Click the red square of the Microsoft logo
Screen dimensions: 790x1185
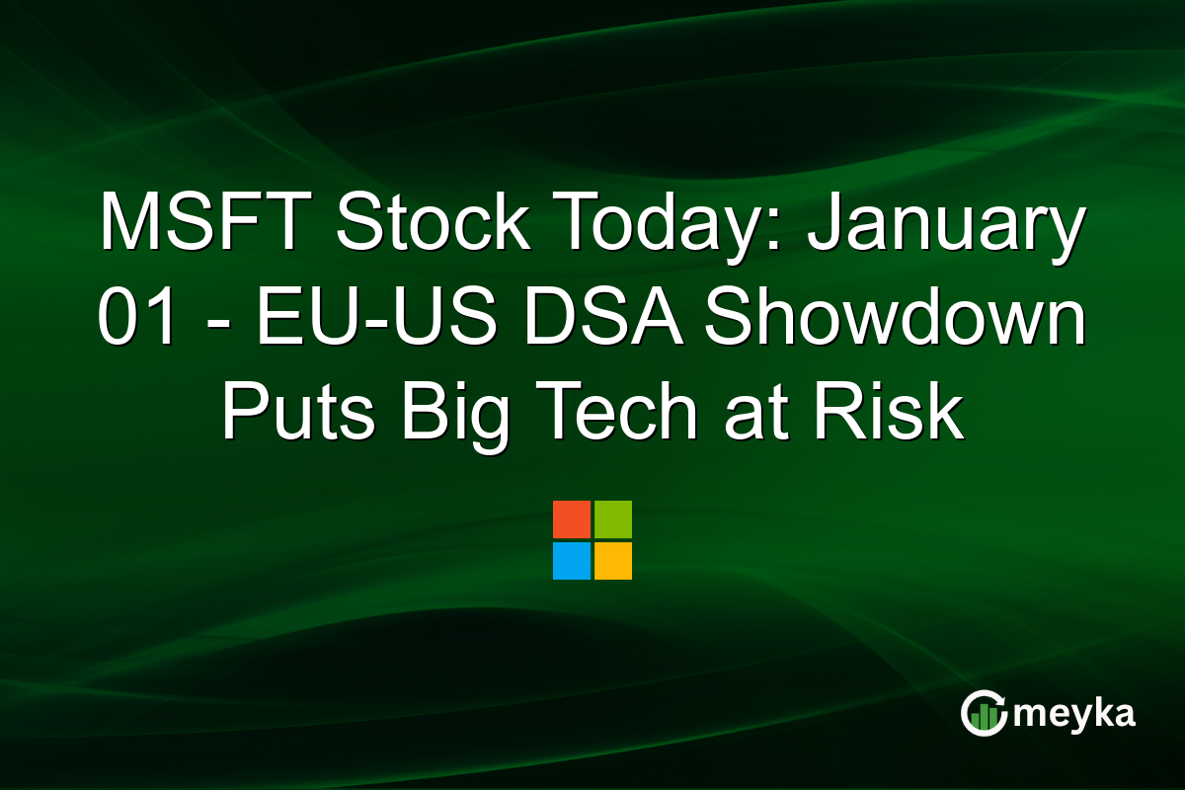572,519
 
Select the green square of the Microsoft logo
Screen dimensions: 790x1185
613,519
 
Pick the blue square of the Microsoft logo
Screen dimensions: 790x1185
572,560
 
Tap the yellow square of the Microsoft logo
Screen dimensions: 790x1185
613,560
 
